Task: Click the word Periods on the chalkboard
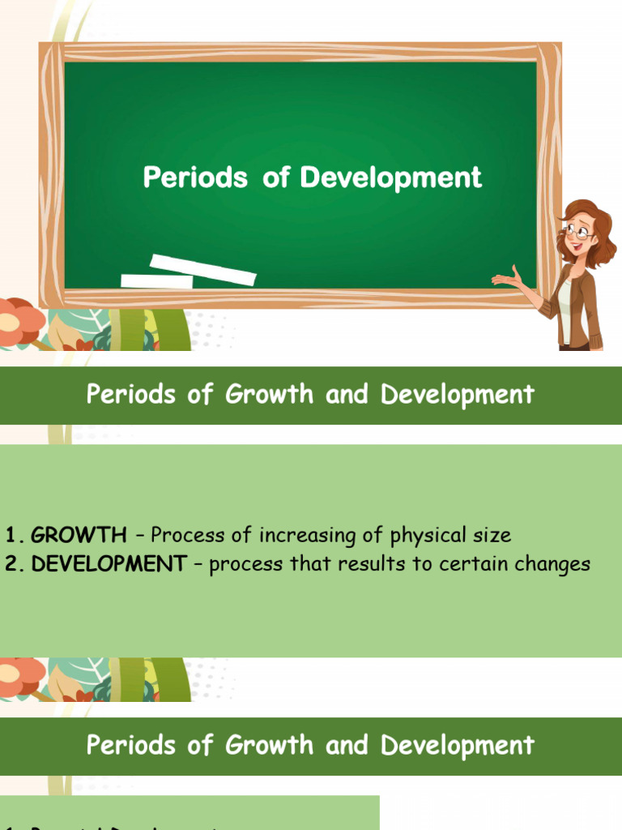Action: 194,178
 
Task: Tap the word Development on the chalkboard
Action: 391,178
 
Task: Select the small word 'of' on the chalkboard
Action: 275,178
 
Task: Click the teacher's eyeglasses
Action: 578,231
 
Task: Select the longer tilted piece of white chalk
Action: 203,269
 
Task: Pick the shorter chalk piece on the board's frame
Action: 157,282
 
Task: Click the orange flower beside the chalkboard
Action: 18,321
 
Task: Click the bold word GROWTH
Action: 79,536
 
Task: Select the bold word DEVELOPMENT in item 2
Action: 109,565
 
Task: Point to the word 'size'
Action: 492,536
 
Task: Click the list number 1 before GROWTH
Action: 12,536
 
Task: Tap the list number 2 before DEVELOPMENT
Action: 12,565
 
